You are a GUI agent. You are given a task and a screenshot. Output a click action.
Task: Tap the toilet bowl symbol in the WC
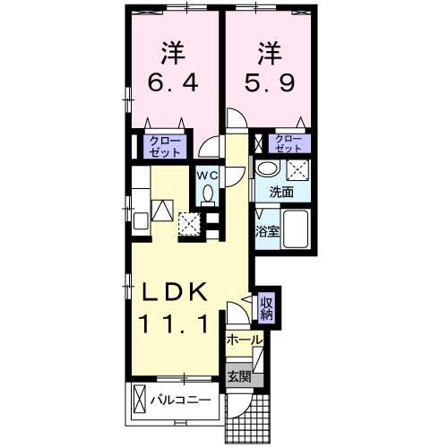pos(208,192)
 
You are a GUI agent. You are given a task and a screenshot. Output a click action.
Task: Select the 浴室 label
pos(267,232)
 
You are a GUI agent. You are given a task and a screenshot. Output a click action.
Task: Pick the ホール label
pos(244,341)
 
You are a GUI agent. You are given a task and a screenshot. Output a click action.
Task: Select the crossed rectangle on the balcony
pos(140,396)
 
